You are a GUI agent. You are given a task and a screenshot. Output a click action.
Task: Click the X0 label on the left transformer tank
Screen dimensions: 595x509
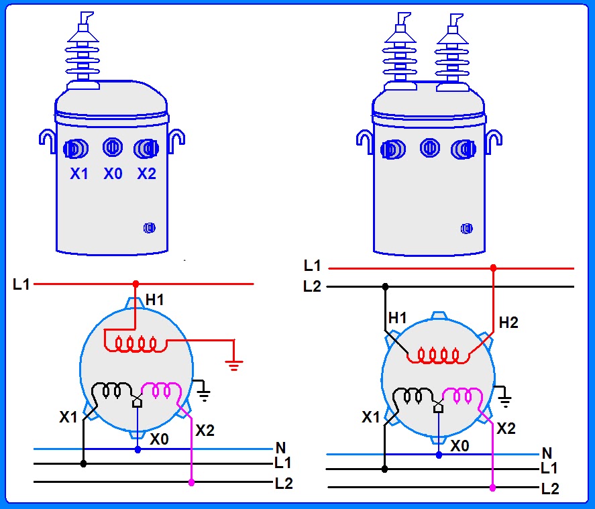point(113,174)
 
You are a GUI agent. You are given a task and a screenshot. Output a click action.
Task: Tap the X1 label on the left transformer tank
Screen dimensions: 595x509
point(79,174)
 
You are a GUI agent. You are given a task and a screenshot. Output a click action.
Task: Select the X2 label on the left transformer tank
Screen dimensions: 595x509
point(146,174)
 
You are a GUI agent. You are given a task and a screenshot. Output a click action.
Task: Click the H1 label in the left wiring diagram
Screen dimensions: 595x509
point(155,300)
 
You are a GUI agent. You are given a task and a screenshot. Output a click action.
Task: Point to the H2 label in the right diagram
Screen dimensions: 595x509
point(508,323)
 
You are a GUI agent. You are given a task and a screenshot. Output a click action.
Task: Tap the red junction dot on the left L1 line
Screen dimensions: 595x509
point(136,284)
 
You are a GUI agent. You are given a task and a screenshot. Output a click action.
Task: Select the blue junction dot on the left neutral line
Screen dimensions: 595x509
point(138,449)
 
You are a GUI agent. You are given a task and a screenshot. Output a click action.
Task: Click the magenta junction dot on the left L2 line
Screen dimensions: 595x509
point(191,482)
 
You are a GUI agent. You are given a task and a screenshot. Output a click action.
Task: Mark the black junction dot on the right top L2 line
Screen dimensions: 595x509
point(385,287)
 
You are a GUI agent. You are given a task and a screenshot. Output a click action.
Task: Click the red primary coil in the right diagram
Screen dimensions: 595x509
point(438,355)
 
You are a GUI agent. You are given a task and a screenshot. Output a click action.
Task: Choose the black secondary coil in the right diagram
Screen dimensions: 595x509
point(413,396)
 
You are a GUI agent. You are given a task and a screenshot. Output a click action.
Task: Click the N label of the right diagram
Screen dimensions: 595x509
point(547,453)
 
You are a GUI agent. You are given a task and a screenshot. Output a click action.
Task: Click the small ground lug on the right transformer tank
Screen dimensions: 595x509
point(467,229)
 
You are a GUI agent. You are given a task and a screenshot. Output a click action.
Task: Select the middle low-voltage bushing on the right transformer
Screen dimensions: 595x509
point(430,148)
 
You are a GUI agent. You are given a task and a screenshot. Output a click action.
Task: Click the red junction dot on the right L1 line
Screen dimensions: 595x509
point(493,268)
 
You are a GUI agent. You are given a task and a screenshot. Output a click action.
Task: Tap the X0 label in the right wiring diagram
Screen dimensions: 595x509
point(459,446)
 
